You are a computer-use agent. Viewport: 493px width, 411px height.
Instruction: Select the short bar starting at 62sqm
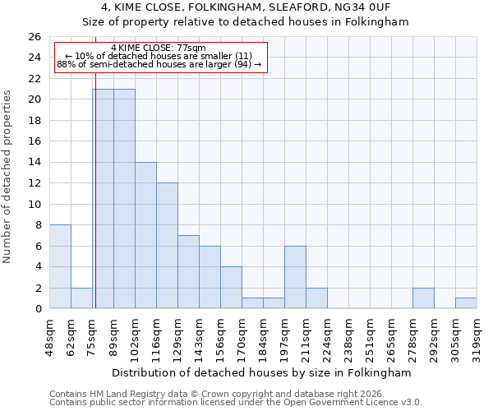pyautogui.click(x=81, y=298)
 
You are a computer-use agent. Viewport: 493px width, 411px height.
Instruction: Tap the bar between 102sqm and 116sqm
pyautogui.click(x=145, y=235)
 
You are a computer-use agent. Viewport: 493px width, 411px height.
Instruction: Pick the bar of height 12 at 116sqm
pyautogui.click(x=167, y=246)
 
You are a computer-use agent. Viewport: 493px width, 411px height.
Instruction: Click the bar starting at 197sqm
pyautogui.click(x=295, y=277)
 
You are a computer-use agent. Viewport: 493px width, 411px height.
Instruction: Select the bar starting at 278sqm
pyautogui.click(x=423, y=298)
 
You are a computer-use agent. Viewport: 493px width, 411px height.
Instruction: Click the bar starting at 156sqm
pyautogui.click(x=231, y=288)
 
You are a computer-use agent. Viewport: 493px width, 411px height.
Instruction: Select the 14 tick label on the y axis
pyautogui.click(x=35, y=163)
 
